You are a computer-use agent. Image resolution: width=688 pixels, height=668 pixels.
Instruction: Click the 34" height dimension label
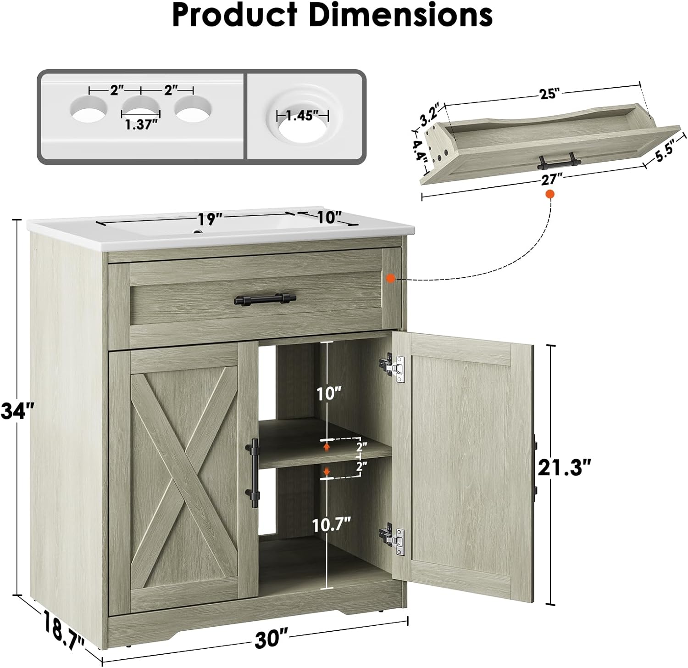pyautogui.click(x=17, y=410)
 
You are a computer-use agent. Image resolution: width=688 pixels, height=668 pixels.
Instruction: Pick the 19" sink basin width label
pyautogui.click(x=208, y=219)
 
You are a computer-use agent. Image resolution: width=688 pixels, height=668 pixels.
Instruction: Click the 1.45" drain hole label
pyautogui.click(x=302, y=116)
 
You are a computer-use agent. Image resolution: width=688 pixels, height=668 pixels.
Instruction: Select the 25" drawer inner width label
pyautogui.click(x=550, y=94)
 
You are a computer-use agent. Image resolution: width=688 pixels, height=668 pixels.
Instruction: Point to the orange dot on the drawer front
pyautogui.click(x=390, y=278)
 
